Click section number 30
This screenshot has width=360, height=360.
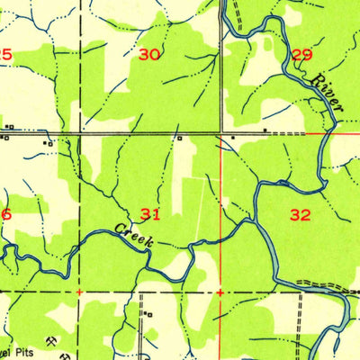[x=149, y=55]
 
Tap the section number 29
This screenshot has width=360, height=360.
[x=302, y=55]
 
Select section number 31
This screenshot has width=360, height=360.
[x=150, y=214]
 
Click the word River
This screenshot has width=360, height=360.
[x=326, y=94]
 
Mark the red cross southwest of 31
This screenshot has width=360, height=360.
[x=79, y=292]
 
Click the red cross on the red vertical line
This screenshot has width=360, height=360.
[x=220, y=292]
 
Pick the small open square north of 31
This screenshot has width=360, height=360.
[x=179, y=139]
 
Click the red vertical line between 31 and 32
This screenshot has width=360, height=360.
[x=221, y=216]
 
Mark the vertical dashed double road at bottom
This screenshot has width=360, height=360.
[x=142, y=333]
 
